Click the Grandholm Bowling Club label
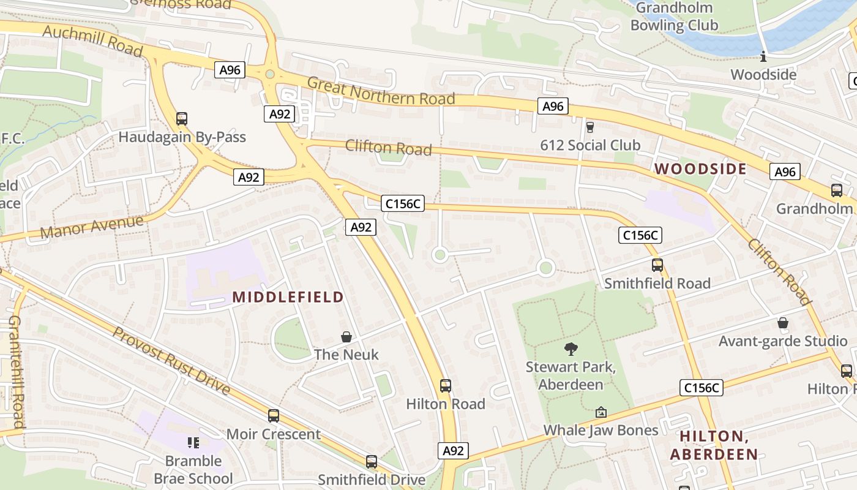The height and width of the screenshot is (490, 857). pos(674,17)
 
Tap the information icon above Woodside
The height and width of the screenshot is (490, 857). pos(763,57)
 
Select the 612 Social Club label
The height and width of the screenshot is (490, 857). pos(590,145)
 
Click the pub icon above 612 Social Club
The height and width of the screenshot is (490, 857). pos(590,127)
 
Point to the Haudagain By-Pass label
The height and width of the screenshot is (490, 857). pos(182,137)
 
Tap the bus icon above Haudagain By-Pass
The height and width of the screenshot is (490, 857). pos(182,118)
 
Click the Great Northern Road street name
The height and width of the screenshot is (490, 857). pos(381,91)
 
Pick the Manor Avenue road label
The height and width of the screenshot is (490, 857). pos(92,227)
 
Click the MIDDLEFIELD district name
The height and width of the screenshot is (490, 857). pos(288,298)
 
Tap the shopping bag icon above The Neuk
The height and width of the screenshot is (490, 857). pos(346,337)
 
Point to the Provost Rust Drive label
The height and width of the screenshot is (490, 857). pos(171,361)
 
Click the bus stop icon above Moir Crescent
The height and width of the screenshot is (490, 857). pos(274,416)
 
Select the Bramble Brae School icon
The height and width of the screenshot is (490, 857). pos(193,442)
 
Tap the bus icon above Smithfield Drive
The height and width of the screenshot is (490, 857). pos(372,461)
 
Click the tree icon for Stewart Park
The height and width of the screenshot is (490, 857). pos(571,349)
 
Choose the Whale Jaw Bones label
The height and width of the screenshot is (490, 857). pos(601,431)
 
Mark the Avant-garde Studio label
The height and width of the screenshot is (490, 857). pos(782,341)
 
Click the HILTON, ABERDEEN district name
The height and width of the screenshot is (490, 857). pos(714,445)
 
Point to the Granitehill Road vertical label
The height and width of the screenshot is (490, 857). pos(17,372)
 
